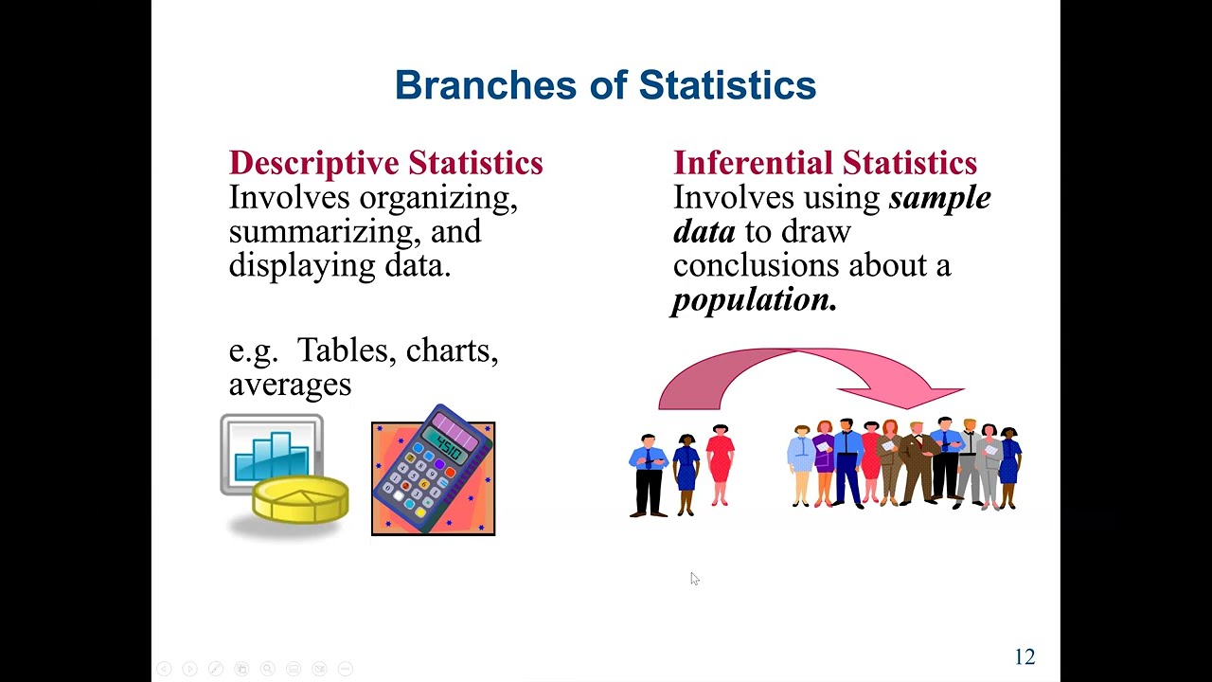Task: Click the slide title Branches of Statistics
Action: (605, 85)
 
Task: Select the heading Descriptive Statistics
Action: (385, 163)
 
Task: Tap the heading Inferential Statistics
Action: (825, 163)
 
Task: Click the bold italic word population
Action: (753, 299)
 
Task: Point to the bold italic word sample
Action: (939, 198)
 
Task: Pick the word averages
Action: (290, 385)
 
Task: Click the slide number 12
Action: (1025, 657)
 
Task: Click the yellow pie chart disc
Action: (300, 499)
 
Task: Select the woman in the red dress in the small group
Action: (720, 467)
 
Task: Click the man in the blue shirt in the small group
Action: (649, 474)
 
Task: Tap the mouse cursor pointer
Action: (694, 579)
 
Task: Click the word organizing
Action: (438, 199)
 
